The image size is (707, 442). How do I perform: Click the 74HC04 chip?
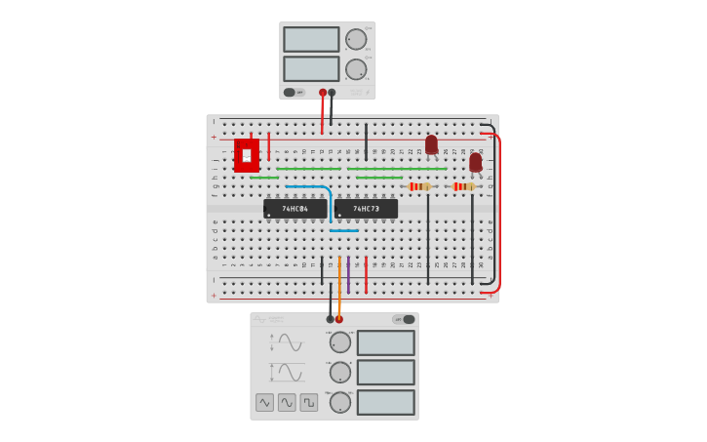[295, 209]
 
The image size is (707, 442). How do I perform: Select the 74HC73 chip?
[366, 209]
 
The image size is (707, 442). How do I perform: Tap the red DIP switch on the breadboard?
[247, 155]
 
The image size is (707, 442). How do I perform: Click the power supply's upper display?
[311, 39]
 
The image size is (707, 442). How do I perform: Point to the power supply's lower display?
[311, 69]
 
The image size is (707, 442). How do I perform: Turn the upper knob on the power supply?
[356, 39]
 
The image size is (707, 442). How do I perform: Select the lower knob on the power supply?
[356, 69]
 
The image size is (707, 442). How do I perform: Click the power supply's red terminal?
[323, 93]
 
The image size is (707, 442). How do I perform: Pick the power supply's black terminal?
[332, 93]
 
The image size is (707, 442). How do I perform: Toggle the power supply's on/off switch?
[290, 93]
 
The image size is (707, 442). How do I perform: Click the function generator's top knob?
[339, 342]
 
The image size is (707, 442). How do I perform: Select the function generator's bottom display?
[385, 402]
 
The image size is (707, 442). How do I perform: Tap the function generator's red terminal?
[339, 319]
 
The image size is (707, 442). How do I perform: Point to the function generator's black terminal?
[330, 319]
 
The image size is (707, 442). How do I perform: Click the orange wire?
[339, 283]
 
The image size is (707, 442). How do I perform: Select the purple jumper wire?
[348, 274]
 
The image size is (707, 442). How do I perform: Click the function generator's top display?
[385, 342]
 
